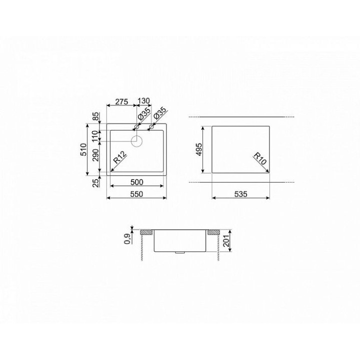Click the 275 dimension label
tap(121, 101)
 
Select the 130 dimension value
tap(143, 101)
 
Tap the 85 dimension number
tap(95, 116)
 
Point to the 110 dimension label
tap(95, 136)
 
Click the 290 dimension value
tap(95, 154)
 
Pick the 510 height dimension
tap(83, 149)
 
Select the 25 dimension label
tap(96, 182)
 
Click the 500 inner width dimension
tap(137, 182)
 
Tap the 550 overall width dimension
tap(137, 194)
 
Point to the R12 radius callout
tap(120, 157)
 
